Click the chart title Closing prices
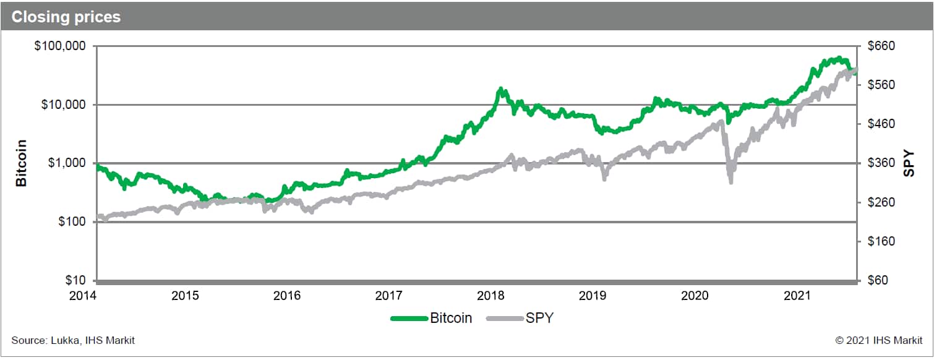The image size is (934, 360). pos(66,17)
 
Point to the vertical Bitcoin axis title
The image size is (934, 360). pos(21,163)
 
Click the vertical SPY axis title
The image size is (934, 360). pos(909,163)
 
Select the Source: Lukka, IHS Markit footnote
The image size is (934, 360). pos(73,340)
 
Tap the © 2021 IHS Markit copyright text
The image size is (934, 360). pos(879,340)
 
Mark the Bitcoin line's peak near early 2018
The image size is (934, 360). pos(500,89)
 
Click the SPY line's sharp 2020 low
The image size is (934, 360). pos(730,182)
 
